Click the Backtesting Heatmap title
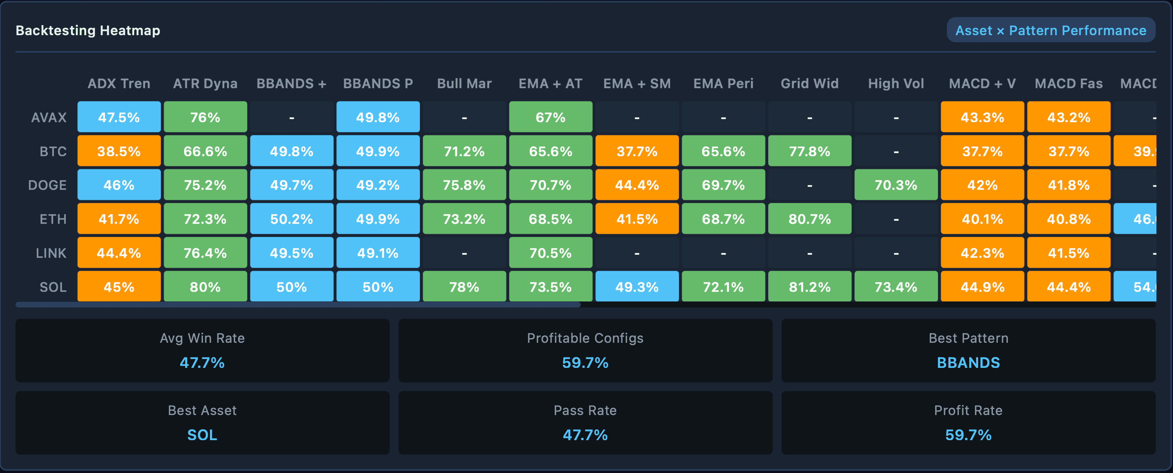click(88, 31)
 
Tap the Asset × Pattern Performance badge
click(1050, 31)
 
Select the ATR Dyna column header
click(205, 84)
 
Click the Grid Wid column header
click(809, 84)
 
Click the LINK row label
click(51, 253)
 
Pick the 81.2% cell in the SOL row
click(809, 287)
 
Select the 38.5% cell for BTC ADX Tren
click(119, 151)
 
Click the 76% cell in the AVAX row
click(205, 117)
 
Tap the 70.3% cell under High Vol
click(896, 185)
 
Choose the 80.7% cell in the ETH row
click(809, 219)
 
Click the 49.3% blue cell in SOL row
click(637, 287)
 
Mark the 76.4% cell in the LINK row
click(205, 253)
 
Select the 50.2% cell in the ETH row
click(292, 219)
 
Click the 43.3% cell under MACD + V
click(982, 117)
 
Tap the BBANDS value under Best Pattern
click(968, 363)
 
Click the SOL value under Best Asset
click(202, 435)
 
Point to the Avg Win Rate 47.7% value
click(202, 363)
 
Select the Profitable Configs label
click(585, 338)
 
